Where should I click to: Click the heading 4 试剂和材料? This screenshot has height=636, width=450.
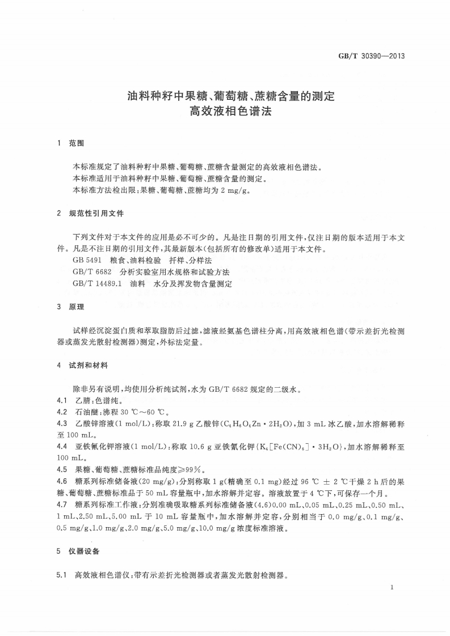(83, 366)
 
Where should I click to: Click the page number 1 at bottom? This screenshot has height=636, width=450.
(392, 590)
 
